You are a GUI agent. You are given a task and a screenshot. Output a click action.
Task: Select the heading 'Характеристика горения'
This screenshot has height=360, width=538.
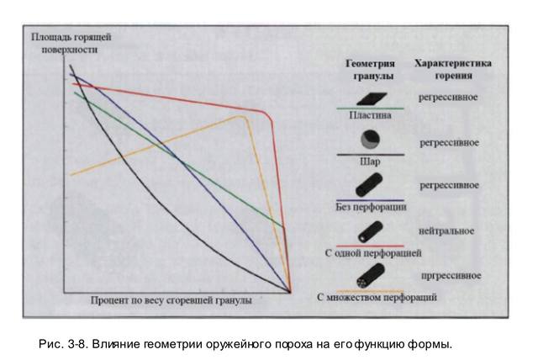coord(452,69)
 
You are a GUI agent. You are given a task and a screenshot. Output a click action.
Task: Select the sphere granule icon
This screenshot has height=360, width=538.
coord(367,139)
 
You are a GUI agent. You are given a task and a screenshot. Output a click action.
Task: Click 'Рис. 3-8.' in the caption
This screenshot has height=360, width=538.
coord(62,345)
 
